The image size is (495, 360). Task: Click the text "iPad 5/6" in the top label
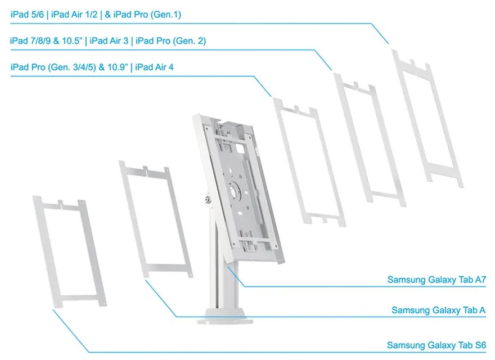[x=28, y=15]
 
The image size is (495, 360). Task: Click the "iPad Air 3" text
[x=110, y=41]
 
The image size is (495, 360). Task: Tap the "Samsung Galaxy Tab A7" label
[x=436, y=280]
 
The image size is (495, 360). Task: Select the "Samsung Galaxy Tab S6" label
[x=436, y=345]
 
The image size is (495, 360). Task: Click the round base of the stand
[x=226, y=315]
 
